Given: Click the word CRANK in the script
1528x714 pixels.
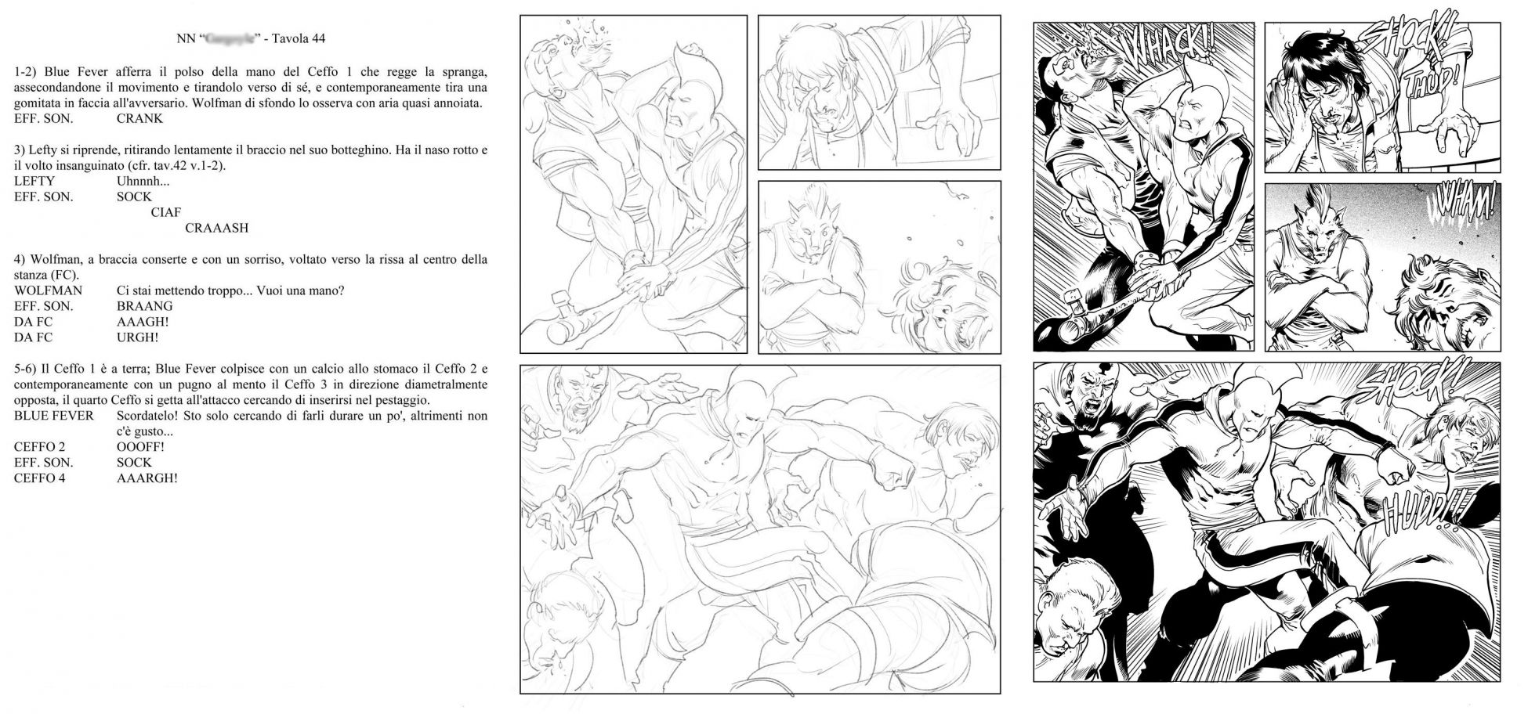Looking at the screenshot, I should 139,119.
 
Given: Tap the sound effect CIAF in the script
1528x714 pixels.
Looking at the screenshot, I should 165,213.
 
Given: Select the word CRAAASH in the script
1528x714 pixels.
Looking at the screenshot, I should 216,229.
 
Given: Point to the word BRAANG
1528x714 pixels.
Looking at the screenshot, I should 144,306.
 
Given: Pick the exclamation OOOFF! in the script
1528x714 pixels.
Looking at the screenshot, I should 140,447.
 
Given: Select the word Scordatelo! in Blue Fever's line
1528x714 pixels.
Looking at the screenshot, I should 147,416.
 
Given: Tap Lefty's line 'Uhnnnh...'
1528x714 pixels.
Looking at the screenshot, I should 143,182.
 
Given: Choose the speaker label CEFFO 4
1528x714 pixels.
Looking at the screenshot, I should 39,478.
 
